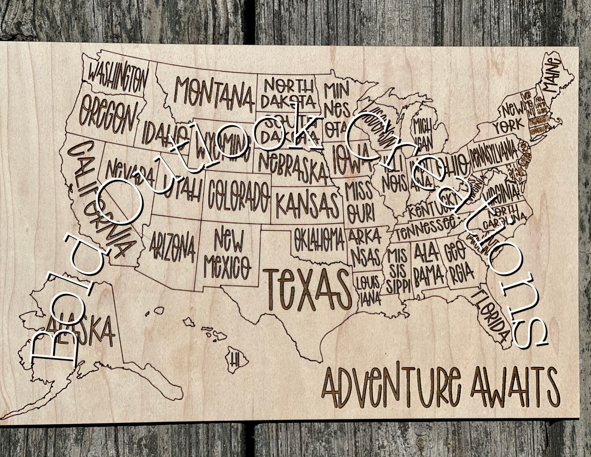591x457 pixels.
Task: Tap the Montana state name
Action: pos(213,94)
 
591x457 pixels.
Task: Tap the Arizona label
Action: pos(173,246)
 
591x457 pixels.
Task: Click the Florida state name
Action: pos(493,317)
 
